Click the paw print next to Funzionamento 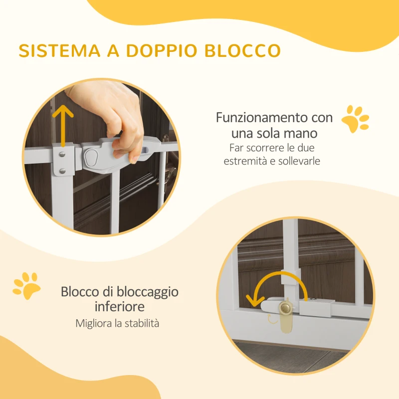(355, 119)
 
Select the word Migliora (93, 323)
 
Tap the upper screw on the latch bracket (61, 154)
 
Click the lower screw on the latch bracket (61, 171)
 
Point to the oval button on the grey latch (91, 159)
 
